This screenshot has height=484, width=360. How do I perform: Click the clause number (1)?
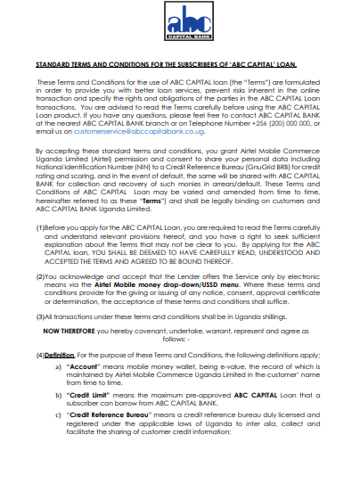[40, 227]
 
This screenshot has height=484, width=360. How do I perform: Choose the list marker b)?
[59, 392]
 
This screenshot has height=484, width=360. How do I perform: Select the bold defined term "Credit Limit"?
[92, 392]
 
